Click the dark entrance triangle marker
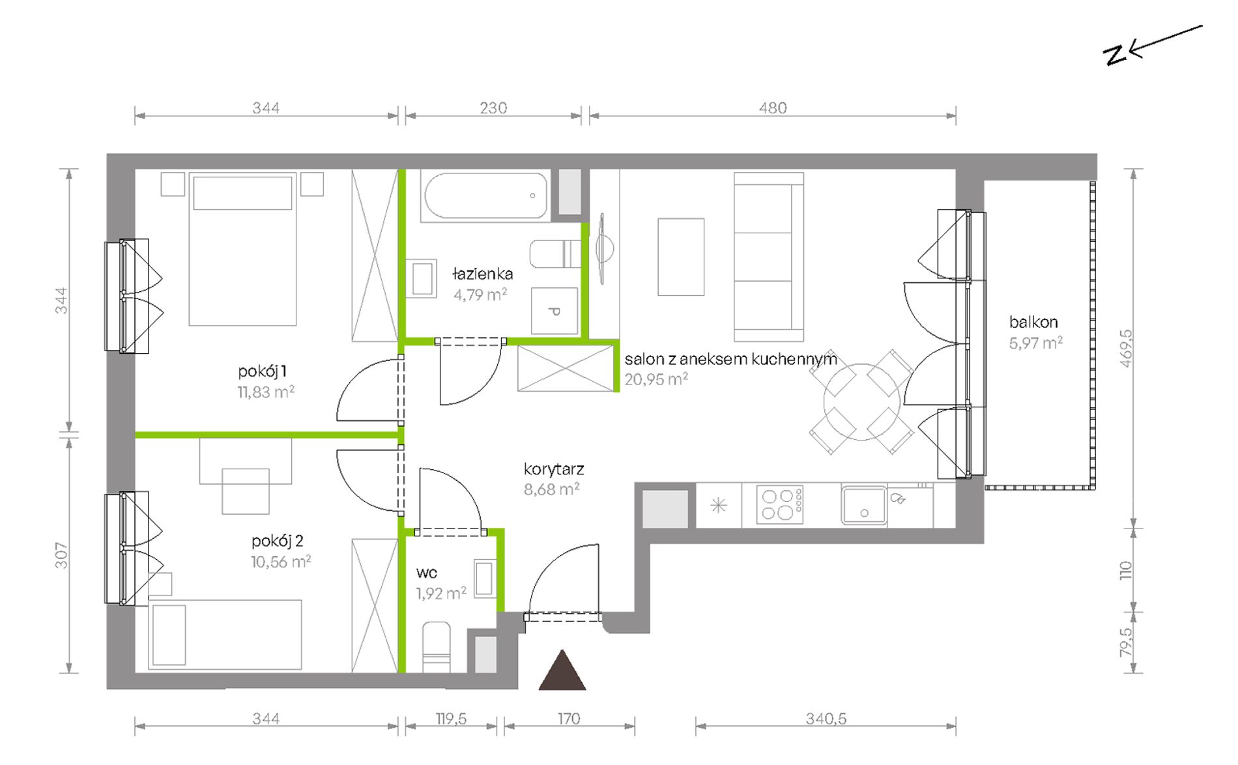(562, 671)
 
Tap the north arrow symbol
(1152, 46)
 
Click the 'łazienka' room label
(483, 274)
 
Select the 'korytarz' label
(554, 469)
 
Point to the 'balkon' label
(1033, 322)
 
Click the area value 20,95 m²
(656, 379)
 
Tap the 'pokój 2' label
(278, 541)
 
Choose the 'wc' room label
(427, 573)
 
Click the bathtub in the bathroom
(486, 195)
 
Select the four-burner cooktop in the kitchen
(780, 505)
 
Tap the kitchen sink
(863, 505)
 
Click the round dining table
(861, 401)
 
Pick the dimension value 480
(773, 108)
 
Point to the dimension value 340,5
(826, 719)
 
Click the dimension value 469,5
(1127, 348)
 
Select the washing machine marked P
(554, 311)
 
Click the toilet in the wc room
(436, 647)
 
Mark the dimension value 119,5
(451, 719)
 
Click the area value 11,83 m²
(266, 392)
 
